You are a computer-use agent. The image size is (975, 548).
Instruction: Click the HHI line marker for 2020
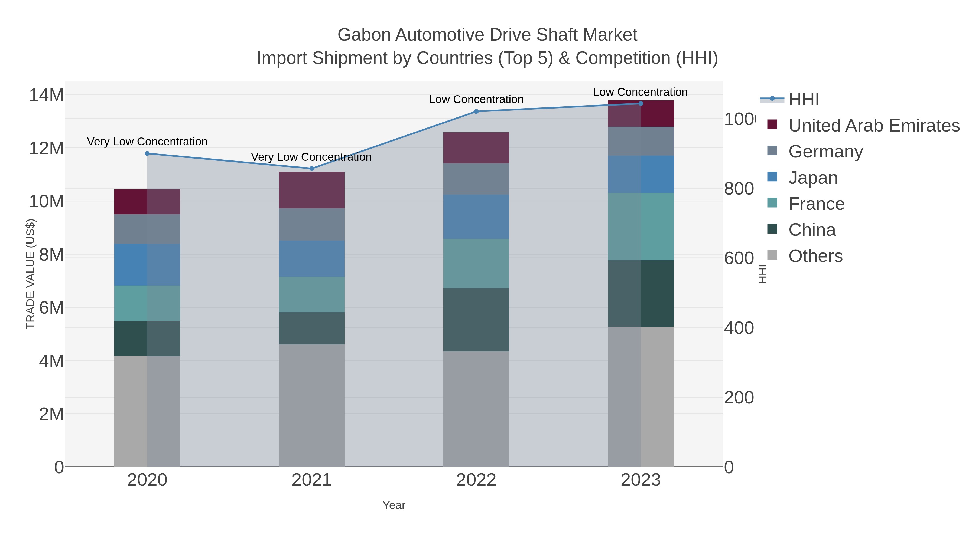coord(147,153)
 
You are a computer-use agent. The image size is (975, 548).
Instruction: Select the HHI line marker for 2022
coord(476,111)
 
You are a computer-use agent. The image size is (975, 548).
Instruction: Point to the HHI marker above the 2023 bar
coord(641,104)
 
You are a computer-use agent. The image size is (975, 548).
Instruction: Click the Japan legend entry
coord(812,178)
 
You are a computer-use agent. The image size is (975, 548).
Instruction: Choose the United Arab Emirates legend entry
coord(873,126)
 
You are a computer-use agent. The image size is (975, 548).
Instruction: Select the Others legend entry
coord(815,256)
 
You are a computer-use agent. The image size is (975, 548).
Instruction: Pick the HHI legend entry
coord(804,100)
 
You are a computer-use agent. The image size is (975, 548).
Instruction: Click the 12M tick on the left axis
coord(46,149)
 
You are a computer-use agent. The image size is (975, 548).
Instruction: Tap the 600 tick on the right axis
coord(739,259)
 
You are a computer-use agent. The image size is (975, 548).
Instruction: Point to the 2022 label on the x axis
coord(476,480)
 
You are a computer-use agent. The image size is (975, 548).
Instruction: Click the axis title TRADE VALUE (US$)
coord(30,274)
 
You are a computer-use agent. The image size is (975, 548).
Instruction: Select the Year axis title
coord(394,505)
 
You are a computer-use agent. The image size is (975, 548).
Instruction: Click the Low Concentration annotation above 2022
coord(476,100)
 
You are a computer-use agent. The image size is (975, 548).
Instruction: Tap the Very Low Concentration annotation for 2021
coord(311,157)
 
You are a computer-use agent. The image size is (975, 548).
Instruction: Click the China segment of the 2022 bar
coord(476,320)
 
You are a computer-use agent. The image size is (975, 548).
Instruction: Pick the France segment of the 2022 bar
coord(476,263)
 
